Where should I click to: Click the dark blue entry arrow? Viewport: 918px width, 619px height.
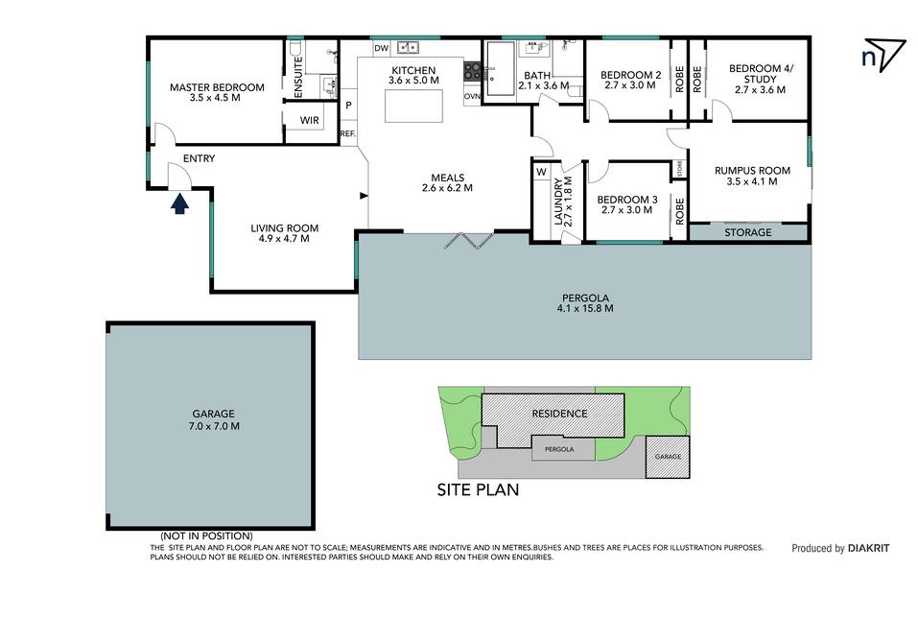pos(179,203)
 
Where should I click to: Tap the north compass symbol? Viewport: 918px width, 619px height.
pos(884,55)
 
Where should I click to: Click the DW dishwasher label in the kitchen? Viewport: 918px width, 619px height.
pos(381,48)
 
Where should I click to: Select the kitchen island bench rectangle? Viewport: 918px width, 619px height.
pos(413,106)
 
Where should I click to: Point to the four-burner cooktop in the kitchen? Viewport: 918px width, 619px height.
pos(473,71)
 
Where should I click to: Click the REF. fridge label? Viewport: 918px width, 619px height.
pos(348,133)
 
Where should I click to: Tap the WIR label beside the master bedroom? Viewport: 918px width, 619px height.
pos(309,121)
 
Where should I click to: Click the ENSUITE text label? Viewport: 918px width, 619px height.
pos(297,77)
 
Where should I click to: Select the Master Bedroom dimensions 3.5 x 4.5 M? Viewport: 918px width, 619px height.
pos(215,98)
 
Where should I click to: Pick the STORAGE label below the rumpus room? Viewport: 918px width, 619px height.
pos(747,232)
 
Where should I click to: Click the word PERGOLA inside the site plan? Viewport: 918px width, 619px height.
pos(559,449)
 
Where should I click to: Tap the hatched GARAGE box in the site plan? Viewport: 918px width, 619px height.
pos(668,457)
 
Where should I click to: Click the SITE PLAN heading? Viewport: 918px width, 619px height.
pos(478,489)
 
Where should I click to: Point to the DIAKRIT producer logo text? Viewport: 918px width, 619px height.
pos(868,548)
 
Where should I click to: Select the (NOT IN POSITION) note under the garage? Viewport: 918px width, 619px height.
pos(206,536)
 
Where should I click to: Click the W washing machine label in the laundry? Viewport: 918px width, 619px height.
pos(541,172)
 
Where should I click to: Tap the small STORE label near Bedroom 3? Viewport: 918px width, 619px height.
pos(680,169)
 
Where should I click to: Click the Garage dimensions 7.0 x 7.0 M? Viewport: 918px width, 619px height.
pos(214,426)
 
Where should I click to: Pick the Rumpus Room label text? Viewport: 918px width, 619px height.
pos(752,171)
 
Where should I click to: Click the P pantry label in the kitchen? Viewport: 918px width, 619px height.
pos(348,106)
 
